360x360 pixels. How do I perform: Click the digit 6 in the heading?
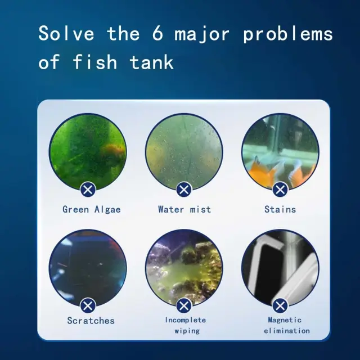(x=157, y=33)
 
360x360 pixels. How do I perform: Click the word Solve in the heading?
(x=66, y=33)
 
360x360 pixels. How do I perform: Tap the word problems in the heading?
(x=288, y=34)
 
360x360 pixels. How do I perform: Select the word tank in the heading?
(x=151, y=61)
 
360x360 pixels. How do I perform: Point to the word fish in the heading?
(x=95, y=61)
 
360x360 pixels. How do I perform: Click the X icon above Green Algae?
(x=88, y=190)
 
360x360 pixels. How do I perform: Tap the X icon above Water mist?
(x=184, y=190)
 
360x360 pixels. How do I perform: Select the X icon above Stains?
(x=280, y=190)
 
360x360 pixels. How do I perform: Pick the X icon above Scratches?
(x=88, y=306)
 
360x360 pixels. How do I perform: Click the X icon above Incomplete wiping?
(x=184, y=306)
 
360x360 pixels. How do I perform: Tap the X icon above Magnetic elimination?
(x=280, y=306)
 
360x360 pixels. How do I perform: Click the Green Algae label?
(x=92, y=210)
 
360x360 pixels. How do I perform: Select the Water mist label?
(x=184, y=209)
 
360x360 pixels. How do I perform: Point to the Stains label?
(x=280, y=209)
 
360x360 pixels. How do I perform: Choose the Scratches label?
(x=91, y=321)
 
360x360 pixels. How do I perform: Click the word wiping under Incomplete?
(x=187, y=331)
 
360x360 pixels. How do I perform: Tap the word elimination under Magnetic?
(x=287, y=331)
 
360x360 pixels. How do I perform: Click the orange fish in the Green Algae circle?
(x=113, y=151)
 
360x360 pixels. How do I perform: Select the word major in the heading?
(x=202, y=35)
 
